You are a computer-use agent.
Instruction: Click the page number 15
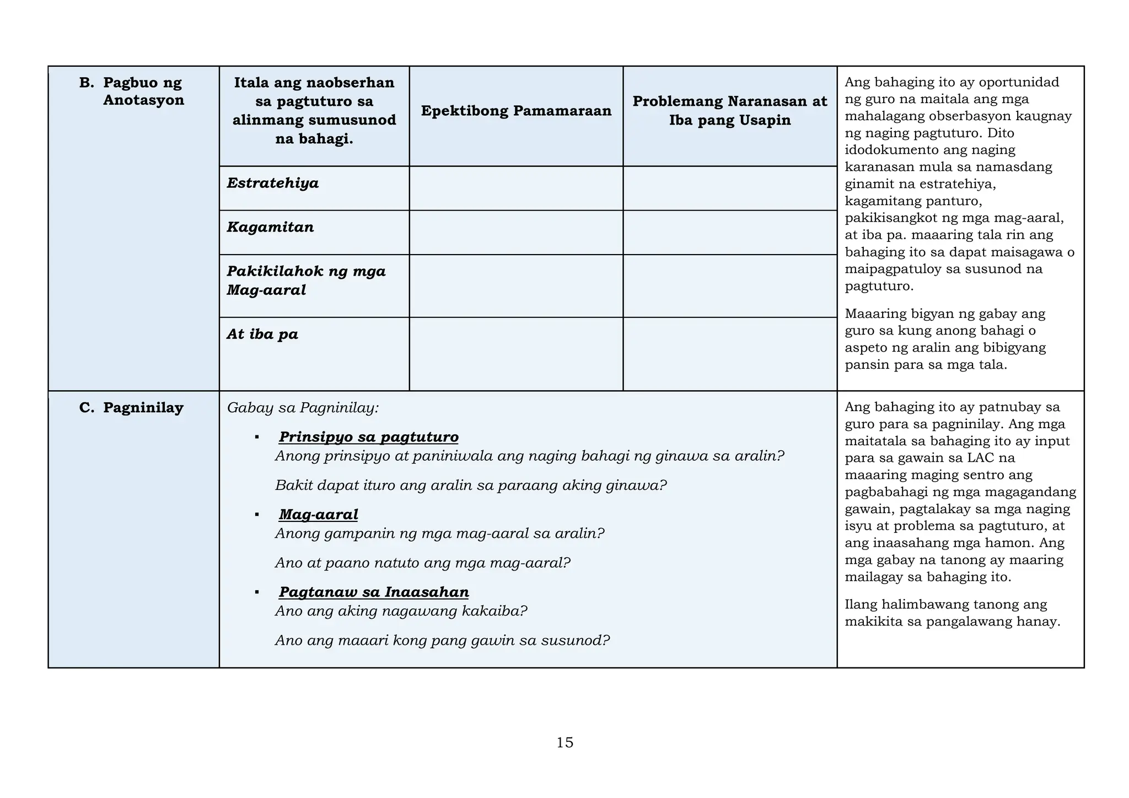tap(564, 743)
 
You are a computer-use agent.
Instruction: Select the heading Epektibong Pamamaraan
tap(516, 111)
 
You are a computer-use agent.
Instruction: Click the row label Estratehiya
tap(273, 183)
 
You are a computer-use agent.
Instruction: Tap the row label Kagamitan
tap(270, 227)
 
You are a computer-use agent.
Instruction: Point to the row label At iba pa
tap(262, 334)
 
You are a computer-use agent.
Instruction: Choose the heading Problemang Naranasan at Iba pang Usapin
tap(730, 111)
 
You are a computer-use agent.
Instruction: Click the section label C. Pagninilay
tap(132, 408)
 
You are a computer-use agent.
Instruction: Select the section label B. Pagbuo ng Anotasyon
tap(132, 91)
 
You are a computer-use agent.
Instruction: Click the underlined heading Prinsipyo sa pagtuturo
tap(368, 437)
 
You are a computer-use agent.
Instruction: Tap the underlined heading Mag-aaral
tap(318, 515)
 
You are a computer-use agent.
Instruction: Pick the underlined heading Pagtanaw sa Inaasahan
tap(374, 592)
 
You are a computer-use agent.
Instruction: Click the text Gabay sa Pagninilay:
tap(303, 408)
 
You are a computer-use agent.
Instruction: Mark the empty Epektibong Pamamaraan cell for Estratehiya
tap(516, 188)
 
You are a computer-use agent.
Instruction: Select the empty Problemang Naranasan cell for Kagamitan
tap(730, 232)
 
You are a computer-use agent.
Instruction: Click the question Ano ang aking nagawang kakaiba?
tap(401, 611)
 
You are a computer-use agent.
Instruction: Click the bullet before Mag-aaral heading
tap(257, 515)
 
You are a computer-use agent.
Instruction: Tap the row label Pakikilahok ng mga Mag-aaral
tap(306, 281)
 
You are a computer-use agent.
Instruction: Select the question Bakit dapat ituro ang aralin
tap(471, 486)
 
